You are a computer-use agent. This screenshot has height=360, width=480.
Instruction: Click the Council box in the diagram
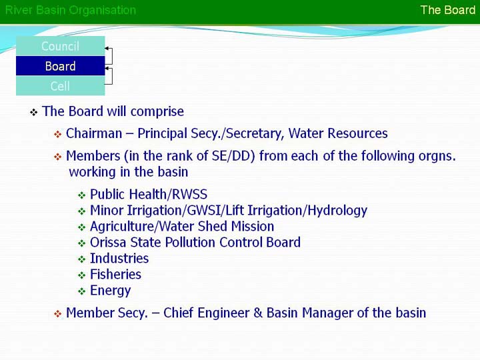pyautogui.click(x=60, y=46)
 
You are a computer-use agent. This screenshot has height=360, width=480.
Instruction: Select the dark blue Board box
pyautogui.click(x=60, y=66)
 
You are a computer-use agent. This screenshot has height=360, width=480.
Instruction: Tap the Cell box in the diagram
pyautogui.click(x=60, y=86)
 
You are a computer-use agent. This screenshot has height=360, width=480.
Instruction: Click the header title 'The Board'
pyautogui.click(x=448, y=10)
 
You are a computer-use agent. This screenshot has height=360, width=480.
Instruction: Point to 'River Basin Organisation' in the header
pyautogui.click(x=71, y=10)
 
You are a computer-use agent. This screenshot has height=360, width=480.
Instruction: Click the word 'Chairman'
pyautogui.click(x=94, y=133)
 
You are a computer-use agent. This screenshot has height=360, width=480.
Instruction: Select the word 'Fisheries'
pyautogui.click(x=116, y=274)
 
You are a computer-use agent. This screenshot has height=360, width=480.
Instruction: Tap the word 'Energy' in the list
pyautogui.click(x=111, y=291)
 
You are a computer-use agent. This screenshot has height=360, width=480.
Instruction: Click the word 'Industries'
pyautogui.click(x=119, y=259)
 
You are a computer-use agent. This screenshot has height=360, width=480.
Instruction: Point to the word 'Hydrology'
pyautogui.click(x=337, y=211)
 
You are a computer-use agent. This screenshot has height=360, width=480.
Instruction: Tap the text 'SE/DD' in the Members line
pyautogui.click(x=233, y=156)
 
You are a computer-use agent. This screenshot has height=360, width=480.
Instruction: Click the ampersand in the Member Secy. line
pyautogui.click(x=258, y=313)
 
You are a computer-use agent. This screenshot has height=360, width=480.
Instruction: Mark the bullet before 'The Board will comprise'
pyautogui.click(x=34, y=113)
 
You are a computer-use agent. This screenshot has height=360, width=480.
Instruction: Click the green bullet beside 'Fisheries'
pyautogui.click(x=81, y=275)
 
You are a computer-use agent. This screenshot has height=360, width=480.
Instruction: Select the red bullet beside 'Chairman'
pyautogui.click(x=57, y=135)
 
